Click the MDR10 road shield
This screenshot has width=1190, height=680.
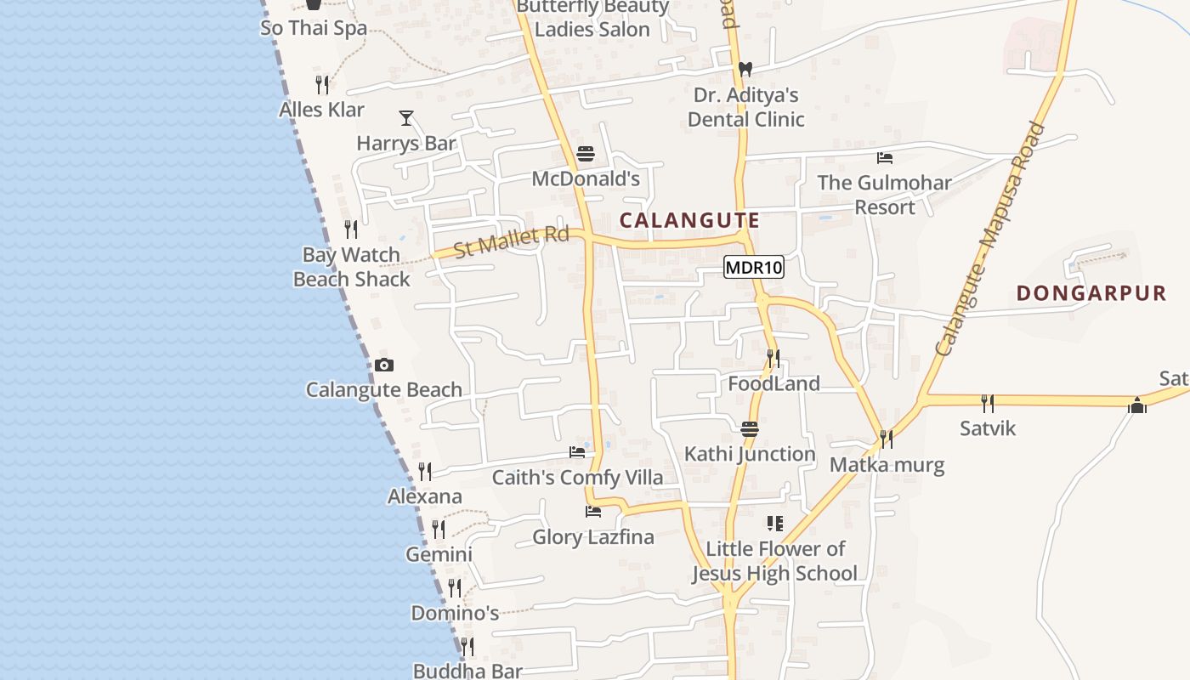pos(753,268)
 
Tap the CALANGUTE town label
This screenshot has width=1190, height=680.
pos(689,220)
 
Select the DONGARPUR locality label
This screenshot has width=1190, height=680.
pos(1091,293)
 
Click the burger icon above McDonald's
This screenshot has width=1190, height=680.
pos(585,154)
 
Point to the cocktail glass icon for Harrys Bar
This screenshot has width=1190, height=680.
pos(406,118)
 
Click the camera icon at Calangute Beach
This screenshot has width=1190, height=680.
pos(384,365)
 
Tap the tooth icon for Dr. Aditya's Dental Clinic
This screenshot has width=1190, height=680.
pos(745,70)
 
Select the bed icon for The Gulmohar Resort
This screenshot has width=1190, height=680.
pos(884,157)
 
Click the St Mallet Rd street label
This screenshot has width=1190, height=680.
pos(511,241)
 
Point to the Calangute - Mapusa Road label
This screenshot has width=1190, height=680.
pos(989,239)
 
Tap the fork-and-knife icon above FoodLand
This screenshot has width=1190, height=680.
pos(773,359)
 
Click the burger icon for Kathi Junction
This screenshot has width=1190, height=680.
pos(749,429)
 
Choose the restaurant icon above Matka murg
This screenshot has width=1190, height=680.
pos(886,439)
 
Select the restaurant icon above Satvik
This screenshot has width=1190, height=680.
pos(987,403)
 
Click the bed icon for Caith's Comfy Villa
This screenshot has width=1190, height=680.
pos(577,452)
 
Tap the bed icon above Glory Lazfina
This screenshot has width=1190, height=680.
pos(593,512)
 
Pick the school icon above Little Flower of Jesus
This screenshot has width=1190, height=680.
pos(774,524)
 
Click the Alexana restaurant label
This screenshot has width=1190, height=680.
pos(425,496)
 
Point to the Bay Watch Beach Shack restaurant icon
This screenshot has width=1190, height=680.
pos(350,229)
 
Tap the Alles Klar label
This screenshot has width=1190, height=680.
pos(322,110)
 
